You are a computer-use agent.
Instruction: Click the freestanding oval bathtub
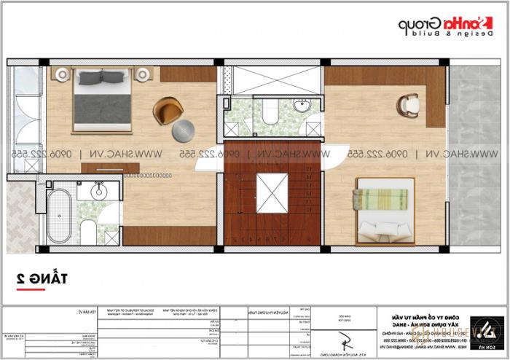click(x=58, y=216)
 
